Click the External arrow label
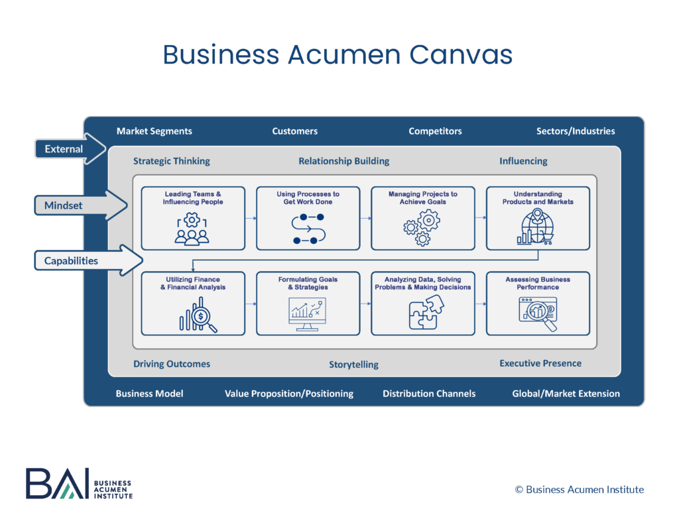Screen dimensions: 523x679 64,149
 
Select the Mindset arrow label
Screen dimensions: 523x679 64,205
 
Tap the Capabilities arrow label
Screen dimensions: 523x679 71,261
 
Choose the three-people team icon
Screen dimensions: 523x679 192,229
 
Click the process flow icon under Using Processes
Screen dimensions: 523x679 308,229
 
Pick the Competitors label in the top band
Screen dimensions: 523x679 435,131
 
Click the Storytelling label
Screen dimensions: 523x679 353,365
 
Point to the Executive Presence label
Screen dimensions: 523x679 540,363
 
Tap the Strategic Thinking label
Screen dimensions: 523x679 171,161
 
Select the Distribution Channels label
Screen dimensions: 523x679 428,394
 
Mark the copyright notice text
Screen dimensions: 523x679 579,489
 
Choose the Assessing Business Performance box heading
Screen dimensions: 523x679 537,284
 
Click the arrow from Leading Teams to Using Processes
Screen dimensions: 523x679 251,217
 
